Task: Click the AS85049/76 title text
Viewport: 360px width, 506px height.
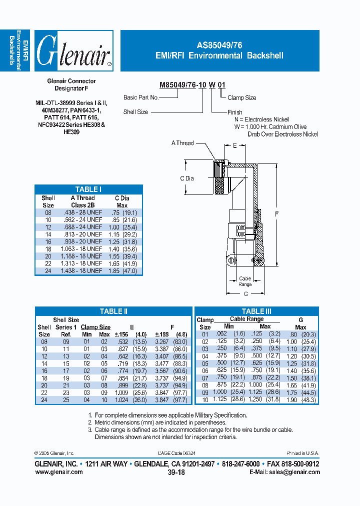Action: click(x=219, y=44)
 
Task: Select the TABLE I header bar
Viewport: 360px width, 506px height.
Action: click(x=88, y=189)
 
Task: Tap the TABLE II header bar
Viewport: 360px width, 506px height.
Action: click(x=113, y=311)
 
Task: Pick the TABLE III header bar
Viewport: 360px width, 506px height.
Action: click(x=256, y=311)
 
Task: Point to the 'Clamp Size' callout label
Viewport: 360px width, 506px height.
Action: click(x=241, y=98)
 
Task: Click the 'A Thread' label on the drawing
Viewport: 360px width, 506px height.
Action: click(x=182, y=143)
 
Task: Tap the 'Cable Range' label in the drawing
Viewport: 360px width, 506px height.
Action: click(x=245, y=281)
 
